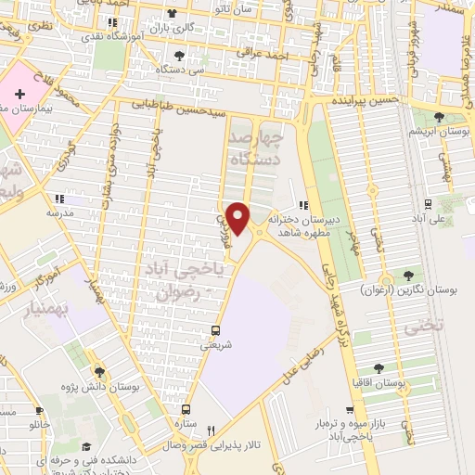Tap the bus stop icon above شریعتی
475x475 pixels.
(216, 329)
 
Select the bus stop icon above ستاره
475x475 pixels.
(186, 408)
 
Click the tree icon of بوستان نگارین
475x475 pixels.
(407, 275)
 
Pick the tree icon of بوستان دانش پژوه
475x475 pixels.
(100, 374)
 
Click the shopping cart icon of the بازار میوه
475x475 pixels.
(350, 409)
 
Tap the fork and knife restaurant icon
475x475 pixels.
(211, 430)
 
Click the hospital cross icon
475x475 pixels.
(19, 95)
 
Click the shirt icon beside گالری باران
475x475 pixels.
(171, 13)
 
